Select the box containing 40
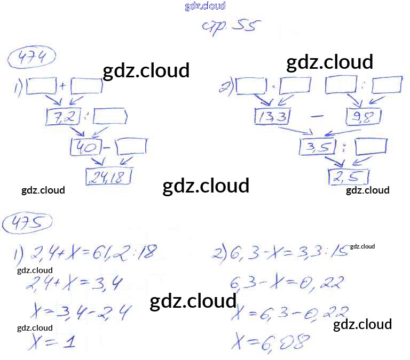pos(84,146)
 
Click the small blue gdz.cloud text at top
pos(205,6)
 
